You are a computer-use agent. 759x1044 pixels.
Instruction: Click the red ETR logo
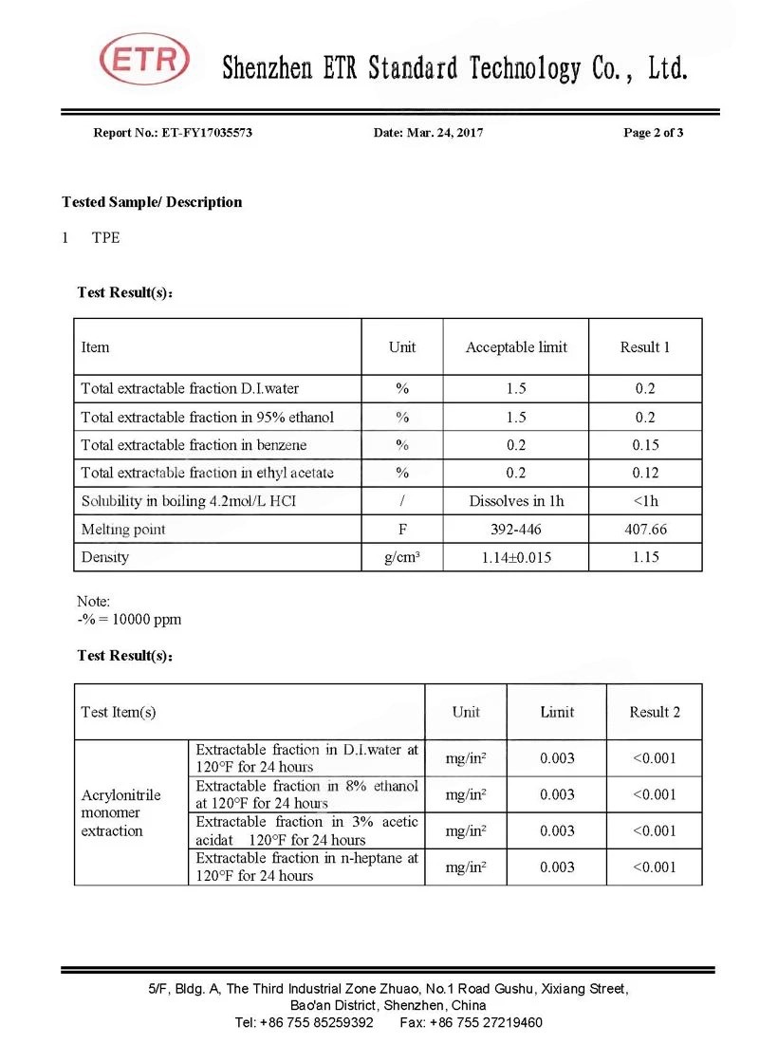click(145, 62)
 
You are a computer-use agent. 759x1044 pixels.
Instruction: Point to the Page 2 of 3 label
click(653, 133)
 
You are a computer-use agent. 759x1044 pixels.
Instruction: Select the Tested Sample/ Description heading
click(152, 202)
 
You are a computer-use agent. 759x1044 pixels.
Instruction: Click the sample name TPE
click(106, 237)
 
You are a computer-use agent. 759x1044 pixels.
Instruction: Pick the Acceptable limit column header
click(516, 347)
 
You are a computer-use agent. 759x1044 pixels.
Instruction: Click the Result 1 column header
click(645, 347)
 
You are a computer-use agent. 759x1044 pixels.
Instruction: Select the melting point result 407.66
click(645, 530)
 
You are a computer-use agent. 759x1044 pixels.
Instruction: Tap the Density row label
click(104, 557)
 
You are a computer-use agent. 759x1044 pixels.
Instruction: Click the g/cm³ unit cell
click(402, 557)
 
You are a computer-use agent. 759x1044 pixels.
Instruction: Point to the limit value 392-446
click(516, 530)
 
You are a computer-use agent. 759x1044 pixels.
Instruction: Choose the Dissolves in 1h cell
click(516, 501)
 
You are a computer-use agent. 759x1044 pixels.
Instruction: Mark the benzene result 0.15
click(645, 445)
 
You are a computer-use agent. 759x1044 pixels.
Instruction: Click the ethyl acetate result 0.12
click(645, 474)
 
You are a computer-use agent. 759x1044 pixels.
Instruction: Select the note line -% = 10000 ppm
click(129, 620)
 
